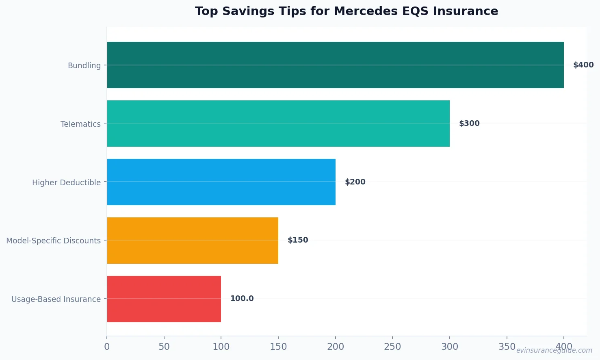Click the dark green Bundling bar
(x=335, y=65)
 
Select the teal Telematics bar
(x=278, y=124)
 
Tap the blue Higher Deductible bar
(x=221, y=182)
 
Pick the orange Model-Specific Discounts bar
(x=193, y=241)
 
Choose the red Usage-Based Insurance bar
(x=164, y=299)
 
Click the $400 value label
(x=583, y=65)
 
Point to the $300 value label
(x=469, y=124)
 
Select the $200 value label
(x=355, y=182)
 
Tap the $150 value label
(x=298, y=240)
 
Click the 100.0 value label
(x=242, y=299)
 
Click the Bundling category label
(x=84, y=65)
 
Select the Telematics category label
(x=80, y=124)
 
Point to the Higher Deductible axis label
(x=66, y=182)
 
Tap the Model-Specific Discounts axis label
(x=53, y=241)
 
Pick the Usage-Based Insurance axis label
(x=56, y=299)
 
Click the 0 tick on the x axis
(x=107, y=347)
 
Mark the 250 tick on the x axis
(x=392, y=347)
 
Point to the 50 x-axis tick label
(x=164, y=347)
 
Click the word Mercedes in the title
(x=366, y=11)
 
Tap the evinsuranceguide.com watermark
(x=554, y=350)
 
